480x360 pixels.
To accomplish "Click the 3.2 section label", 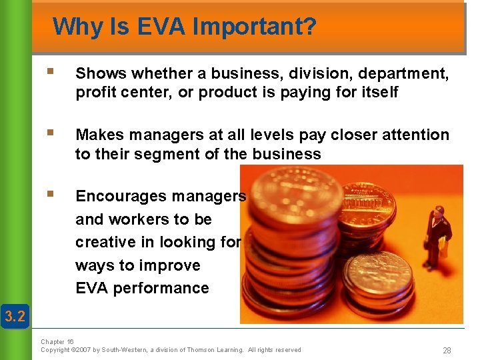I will tap(15, 315).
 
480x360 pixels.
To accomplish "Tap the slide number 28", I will tap(446, 351).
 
